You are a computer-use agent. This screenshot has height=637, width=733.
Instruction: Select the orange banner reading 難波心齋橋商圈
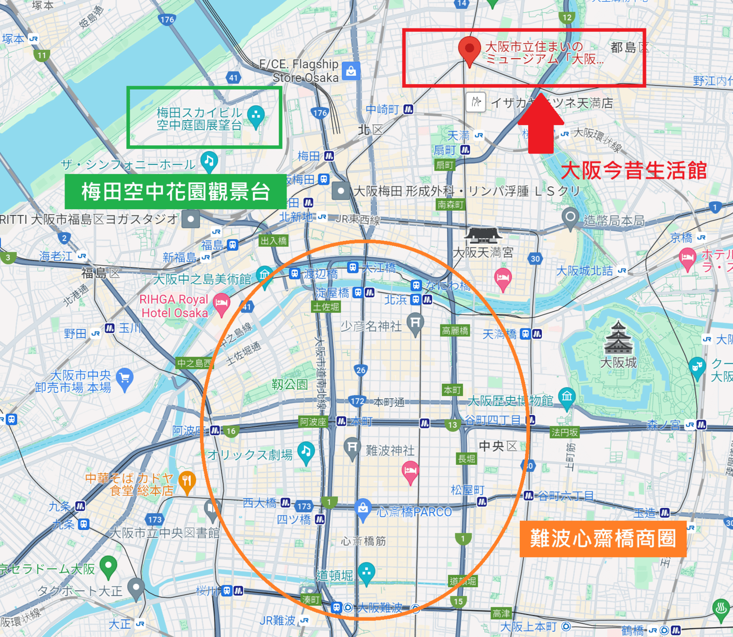click(x=603, y=539)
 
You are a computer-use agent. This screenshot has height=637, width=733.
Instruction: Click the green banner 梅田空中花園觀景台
click(x=176, y=192)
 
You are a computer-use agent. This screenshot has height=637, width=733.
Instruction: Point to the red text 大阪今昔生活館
click(x=634, y=171)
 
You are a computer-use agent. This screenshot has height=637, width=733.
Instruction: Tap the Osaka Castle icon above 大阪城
click(x=619, y=338)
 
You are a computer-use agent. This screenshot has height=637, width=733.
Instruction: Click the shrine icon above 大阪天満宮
click(x=483, y=236)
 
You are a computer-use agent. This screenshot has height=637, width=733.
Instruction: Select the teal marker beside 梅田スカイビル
click(x=256, y=116)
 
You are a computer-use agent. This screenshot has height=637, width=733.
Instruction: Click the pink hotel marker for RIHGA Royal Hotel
click(x=221, y=304)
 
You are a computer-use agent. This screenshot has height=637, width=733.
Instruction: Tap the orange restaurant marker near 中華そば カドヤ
click(x=187, y=481)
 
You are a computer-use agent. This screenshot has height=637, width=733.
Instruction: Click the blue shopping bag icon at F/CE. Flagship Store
click(x=351, y=71)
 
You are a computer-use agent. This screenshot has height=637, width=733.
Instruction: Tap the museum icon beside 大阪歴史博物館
click(x=567, y=396)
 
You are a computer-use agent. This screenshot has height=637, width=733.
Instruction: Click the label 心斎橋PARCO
click(x=414, y=512)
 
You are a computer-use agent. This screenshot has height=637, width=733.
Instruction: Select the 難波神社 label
click(x=390, y=450)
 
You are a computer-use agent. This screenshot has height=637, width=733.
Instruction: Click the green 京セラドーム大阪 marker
click(x=108, y=566)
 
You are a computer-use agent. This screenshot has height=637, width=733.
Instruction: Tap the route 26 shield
click(x=361, y=370)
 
